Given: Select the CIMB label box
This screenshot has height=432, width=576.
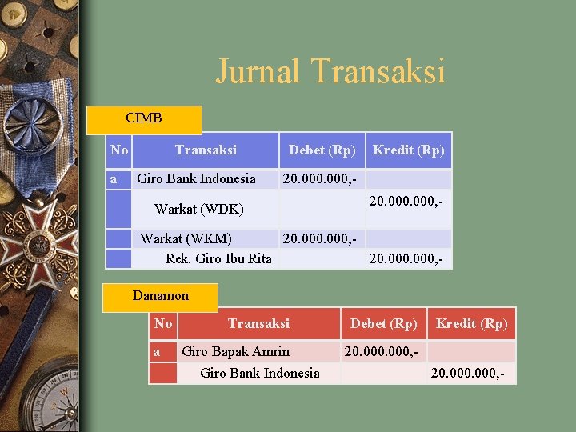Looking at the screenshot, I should (x=144, y=118).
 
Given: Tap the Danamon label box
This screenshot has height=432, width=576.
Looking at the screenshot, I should (x=161, y=296).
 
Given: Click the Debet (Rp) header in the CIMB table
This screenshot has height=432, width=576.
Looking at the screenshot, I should (x=322, y=150).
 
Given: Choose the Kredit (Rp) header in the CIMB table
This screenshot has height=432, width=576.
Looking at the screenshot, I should (x=409, y=150).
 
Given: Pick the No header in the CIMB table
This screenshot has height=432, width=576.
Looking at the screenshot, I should (x=119, y=150).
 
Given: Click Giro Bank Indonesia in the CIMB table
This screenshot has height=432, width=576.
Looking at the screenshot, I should (x=197, y=178).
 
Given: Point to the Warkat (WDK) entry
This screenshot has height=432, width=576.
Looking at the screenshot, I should (x=199, y=210).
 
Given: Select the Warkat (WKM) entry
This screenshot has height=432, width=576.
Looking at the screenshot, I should (x=186, y=238).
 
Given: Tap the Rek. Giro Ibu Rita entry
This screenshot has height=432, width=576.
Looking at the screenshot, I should (x=218, y=258).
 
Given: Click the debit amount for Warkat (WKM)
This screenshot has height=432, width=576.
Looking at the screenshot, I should (x=319, y=238).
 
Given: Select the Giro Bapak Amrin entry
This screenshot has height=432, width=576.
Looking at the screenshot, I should (x=236, y=351).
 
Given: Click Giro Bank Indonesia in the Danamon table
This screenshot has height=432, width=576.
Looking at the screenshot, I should (x=260, y=373).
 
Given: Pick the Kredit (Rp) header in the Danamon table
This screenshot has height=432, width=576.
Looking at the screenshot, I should (x=471, y=324).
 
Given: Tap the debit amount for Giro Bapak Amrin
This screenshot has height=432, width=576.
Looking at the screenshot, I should (x=382, y=351).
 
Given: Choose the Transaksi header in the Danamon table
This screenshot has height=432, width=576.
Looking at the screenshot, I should (x=258, y=324).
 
